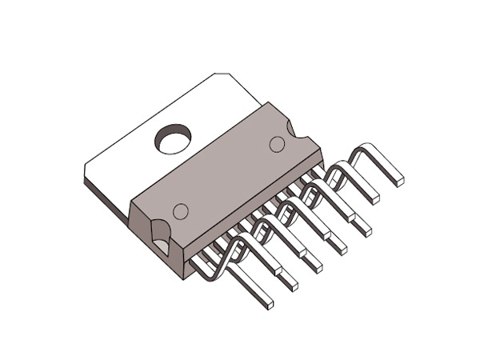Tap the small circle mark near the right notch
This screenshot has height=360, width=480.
[x=277, y=144]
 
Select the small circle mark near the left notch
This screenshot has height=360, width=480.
[x=181, y=211]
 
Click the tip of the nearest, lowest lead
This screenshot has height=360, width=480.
[x=269, y=304]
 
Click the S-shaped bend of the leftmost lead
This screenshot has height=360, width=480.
[x=228, y=256]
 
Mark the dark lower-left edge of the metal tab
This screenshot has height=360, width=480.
[x=104, y=196]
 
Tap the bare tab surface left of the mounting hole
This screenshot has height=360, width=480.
[x=128, y=160]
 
